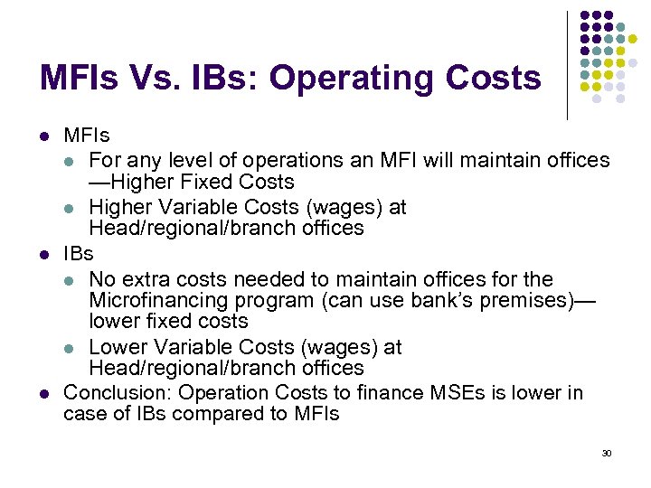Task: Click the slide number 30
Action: (607, 452)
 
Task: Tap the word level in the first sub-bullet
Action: (191, 160)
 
